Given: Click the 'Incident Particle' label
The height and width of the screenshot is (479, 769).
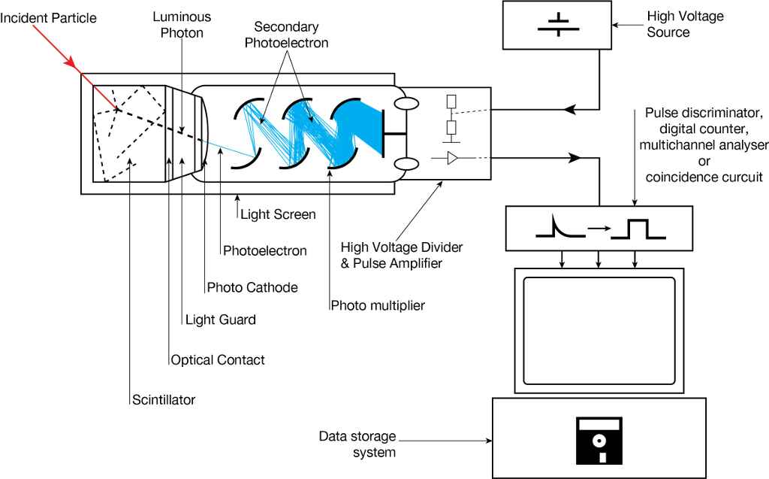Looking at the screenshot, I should click(x=48, y=17).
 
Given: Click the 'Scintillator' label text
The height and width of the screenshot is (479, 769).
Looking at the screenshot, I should click(x=163, y=400).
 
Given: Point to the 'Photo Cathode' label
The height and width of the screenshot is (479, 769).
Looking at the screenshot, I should click(x=252, y=287).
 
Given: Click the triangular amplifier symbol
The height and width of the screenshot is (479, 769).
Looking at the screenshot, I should click(x=452, y=159).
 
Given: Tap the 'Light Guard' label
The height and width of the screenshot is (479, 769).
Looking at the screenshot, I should click(x=221, y=320).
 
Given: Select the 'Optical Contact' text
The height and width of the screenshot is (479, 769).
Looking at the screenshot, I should click(x=218, y=360).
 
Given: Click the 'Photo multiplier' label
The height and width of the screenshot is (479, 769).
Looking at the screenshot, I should click(x=378, y=305).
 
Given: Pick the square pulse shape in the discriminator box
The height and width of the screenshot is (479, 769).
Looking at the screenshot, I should click(x=638, y=229).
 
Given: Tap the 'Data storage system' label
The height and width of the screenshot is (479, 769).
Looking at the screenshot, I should click(x=357, y=444).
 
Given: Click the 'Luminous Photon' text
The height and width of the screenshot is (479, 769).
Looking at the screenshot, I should click(x=182, y=24).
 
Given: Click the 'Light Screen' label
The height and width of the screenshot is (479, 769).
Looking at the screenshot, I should click(x=278, y=214).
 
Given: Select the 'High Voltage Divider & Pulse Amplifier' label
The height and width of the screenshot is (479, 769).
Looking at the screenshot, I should click(x=402, y=255).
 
